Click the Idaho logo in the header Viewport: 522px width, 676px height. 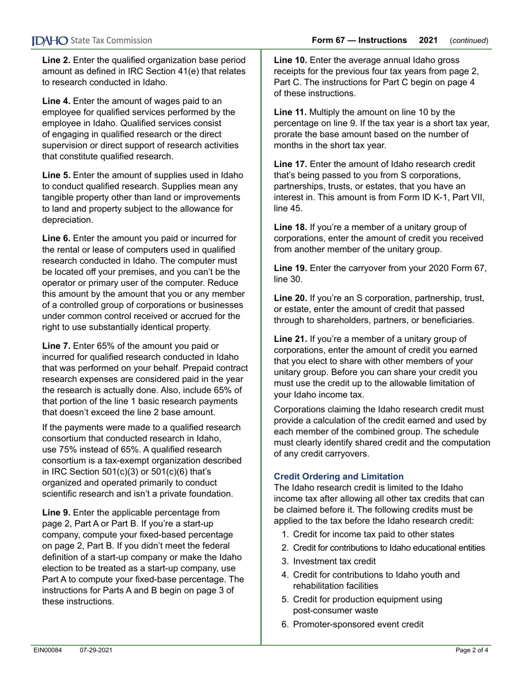[49, 41]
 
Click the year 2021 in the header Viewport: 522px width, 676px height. [428, 41]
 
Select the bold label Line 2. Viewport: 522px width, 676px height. [56, 59]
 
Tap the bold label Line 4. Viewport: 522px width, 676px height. [56, 101]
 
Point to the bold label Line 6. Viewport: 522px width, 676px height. [56, 238]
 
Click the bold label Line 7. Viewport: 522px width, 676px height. [56, 346]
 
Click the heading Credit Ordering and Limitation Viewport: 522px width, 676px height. [338, 476]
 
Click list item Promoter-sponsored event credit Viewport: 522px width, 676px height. [358, 624]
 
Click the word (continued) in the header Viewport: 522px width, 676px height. [469, 41]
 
